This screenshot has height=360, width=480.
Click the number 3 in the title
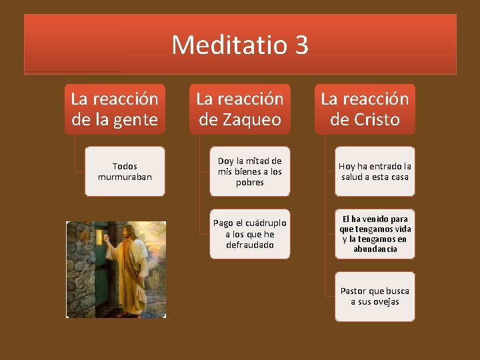[300, 45]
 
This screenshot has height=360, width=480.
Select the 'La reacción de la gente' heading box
[115, 109]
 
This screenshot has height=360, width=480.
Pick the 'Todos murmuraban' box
[125, 171]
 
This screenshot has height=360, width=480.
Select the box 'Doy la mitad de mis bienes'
[249, 171]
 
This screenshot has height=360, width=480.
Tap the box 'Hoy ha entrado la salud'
[375, 171]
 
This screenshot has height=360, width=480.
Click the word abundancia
[375, 249]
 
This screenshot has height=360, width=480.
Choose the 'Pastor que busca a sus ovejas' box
[375, 296]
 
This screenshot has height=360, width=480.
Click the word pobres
[249, 182]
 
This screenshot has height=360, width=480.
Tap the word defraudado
[249, 245]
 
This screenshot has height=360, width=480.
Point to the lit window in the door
[101, 238]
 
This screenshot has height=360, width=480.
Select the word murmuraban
[125, 177]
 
